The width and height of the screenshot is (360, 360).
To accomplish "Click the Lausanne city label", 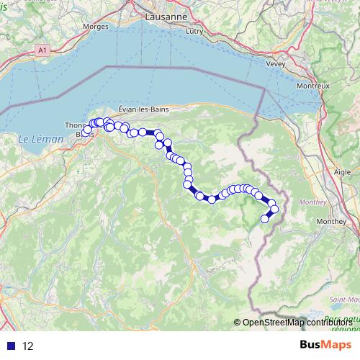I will tap(166, 16).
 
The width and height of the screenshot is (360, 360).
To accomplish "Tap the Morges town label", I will tap(96, 27).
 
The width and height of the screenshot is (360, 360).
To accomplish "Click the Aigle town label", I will tap(343, 172).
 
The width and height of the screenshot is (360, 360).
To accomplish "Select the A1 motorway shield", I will tap(42, 50).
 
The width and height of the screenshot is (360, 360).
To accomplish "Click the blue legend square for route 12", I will tap(11, 346).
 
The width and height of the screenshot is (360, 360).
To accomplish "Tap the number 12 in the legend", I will tap(28, 346).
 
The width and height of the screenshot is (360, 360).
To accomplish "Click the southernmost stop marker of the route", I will tap(264, 219).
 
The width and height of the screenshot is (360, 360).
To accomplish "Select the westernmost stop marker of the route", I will tap(85, 132).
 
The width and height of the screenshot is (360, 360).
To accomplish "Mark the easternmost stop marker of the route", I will tap(274, 210).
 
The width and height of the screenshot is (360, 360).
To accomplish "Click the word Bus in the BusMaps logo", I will tap(311, 345).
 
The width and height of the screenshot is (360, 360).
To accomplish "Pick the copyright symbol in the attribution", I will tap(238, 323).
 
